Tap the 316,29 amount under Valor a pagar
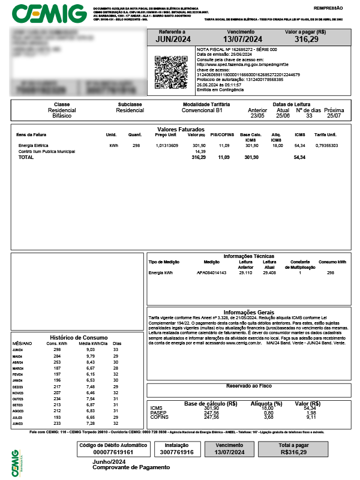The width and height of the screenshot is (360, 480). click(x=306, y=39)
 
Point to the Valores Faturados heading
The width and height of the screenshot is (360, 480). click(x=181, y=130)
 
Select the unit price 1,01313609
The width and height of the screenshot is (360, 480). click(x=167, y=146)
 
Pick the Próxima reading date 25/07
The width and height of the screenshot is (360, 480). click(x=334, y=116)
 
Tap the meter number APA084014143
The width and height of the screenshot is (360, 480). click(x=212, y=273)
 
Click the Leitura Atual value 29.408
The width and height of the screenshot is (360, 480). click(x=269, y=273)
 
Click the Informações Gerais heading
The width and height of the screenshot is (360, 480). click(x=248, y=313)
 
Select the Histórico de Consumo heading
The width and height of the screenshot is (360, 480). click(x=79, y=337)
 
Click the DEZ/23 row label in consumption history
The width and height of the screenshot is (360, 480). click(x=18, y=387)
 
